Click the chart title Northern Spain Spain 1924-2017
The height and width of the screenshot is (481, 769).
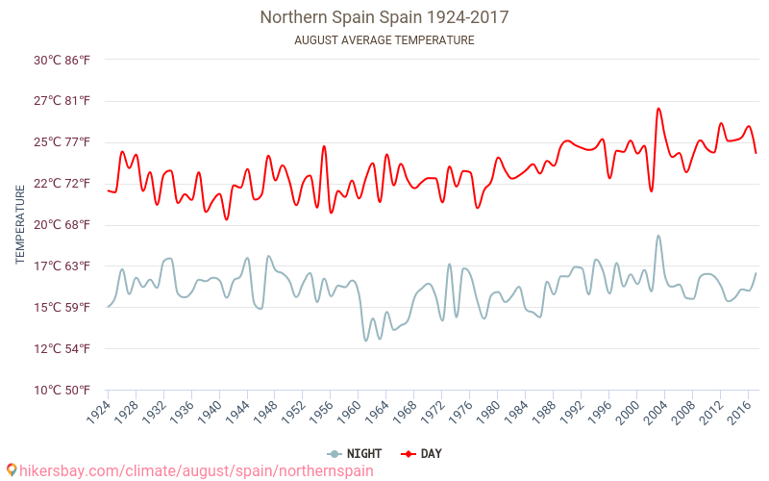384,17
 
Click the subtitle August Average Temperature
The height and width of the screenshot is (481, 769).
384,40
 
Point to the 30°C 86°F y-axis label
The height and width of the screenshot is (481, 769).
62,60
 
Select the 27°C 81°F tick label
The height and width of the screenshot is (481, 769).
62,101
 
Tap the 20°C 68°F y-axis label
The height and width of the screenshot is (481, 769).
62,225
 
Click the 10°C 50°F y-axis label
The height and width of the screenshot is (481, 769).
62,391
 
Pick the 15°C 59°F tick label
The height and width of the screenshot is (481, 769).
62,308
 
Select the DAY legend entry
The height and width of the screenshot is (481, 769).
423,454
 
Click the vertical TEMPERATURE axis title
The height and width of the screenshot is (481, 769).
21,225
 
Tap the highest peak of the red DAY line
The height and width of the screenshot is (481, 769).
658,108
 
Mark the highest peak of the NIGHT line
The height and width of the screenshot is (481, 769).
658,236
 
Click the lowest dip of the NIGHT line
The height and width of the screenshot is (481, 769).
366,340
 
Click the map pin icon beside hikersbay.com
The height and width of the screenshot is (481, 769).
12,470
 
